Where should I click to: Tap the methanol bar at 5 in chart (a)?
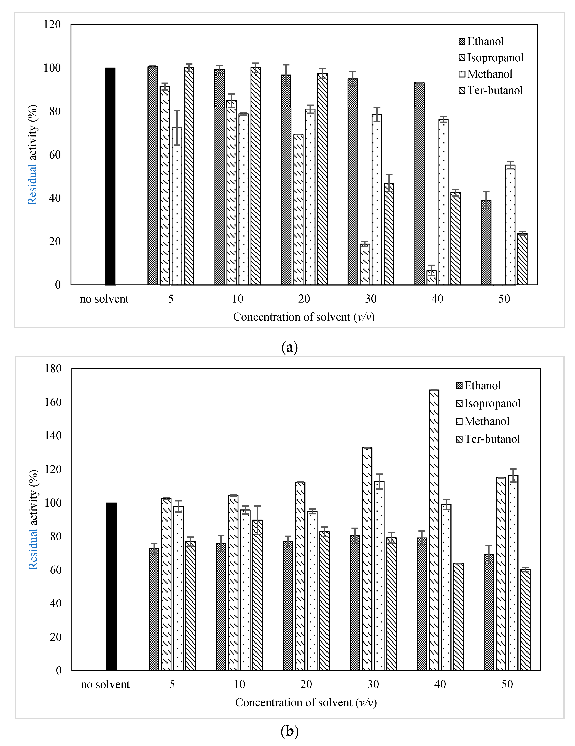177,206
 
